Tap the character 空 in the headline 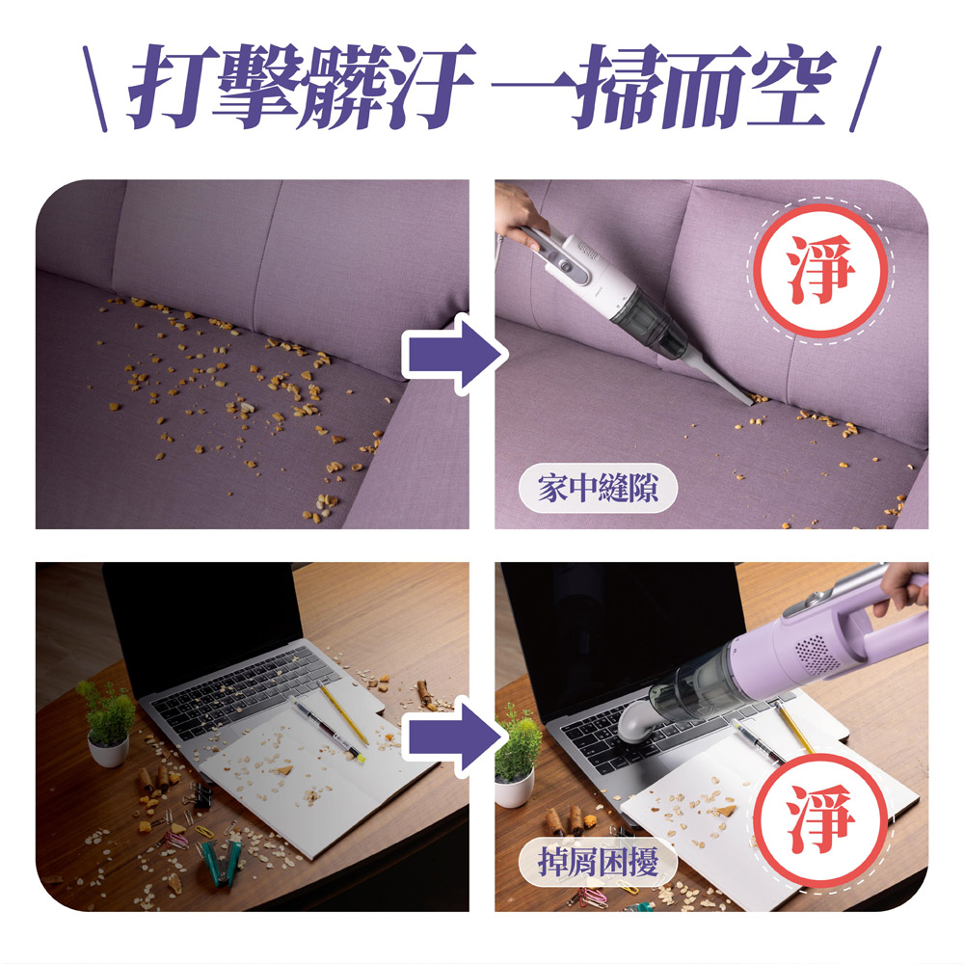[x=791, y=86]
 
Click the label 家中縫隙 [x=598, y=489]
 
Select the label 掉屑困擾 [x=598, y=861]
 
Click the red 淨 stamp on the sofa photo [x=820, y=271]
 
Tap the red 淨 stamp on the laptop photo [x=820, y=820]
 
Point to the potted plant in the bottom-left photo [x=107, y=722]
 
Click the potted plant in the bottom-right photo [x=517, y=756]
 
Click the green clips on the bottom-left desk [x=218, y=861]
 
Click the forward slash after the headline [x=866, y=89]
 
